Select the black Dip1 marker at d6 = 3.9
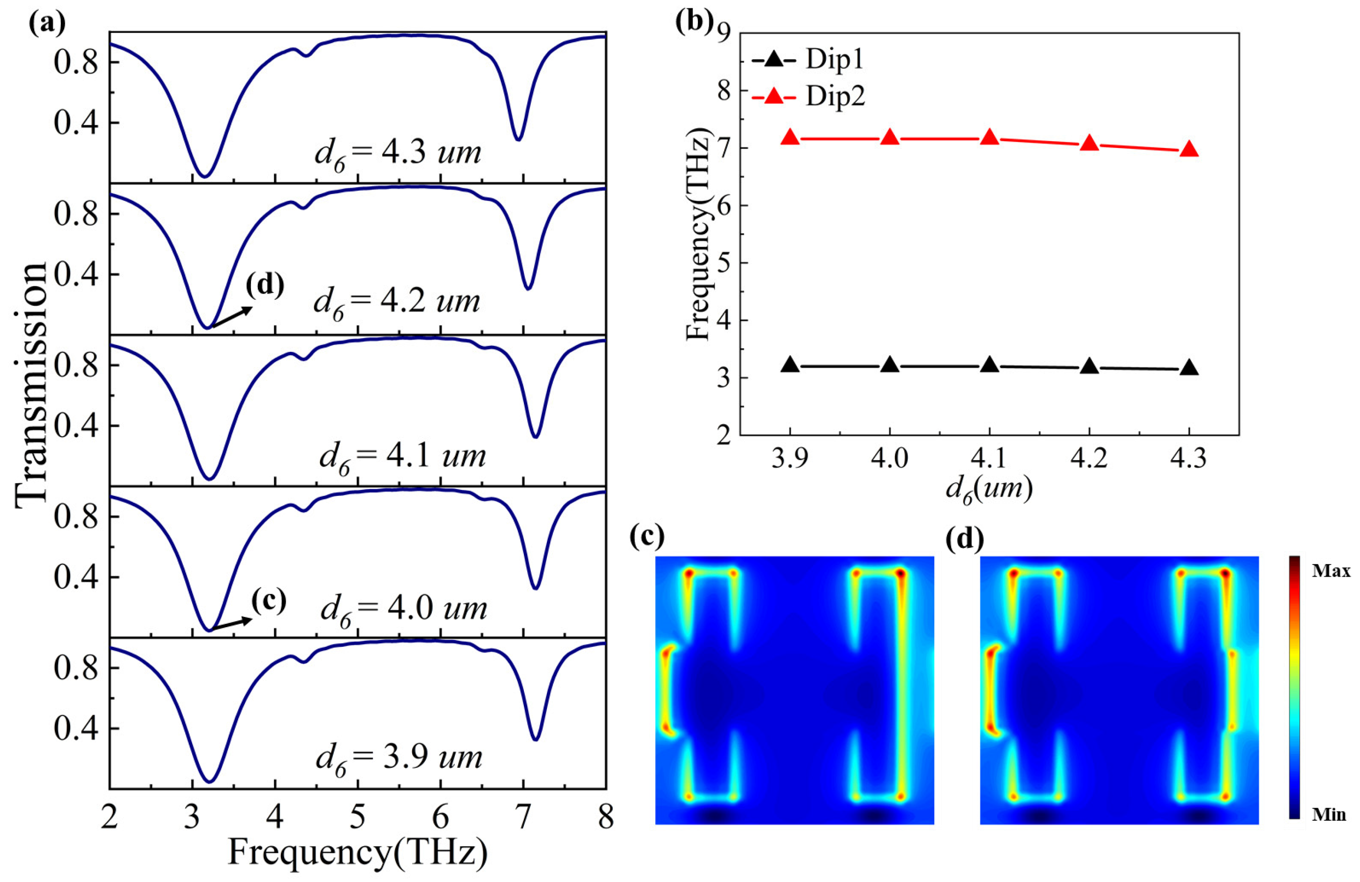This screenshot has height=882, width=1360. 791,365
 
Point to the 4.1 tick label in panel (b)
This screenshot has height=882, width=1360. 989,458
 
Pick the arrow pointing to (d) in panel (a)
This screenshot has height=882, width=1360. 230,318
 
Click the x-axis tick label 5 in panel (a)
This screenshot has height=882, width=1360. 358,817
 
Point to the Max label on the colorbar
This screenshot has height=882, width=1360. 1330,571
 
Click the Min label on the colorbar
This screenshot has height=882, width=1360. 1329,814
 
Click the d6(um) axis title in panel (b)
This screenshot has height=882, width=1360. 989,489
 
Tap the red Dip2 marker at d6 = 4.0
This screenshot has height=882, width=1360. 890,138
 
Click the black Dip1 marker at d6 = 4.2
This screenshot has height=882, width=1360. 1089,367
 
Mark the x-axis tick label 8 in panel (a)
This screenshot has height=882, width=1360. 606,817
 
